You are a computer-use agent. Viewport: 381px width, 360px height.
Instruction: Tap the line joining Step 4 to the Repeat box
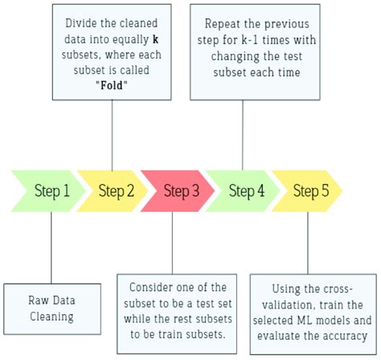242,129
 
